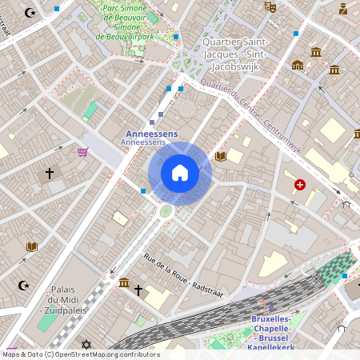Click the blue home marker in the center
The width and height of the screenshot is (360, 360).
pos(179,173)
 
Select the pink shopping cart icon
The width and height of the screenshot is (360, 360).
pos(82,151)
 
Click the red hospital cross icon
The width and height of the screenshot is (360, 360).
pos(300,185)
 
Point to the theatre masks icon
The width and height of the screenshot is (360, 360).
pos(270,6)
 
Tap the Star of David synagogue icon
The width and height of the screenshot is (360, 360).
pos(87,345)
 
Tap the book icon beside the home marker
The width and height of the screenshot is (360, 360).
pos(222,156)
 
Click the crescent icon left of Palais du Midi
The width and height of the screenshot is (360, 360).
pos(23,285)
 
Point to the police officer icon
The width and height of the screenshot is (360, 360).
pos(343,9)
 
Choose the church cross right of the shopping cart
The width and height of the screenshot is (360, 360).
pos(49,173)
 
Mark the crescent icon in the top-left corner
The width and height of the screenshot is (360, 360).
pos(30,13)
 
